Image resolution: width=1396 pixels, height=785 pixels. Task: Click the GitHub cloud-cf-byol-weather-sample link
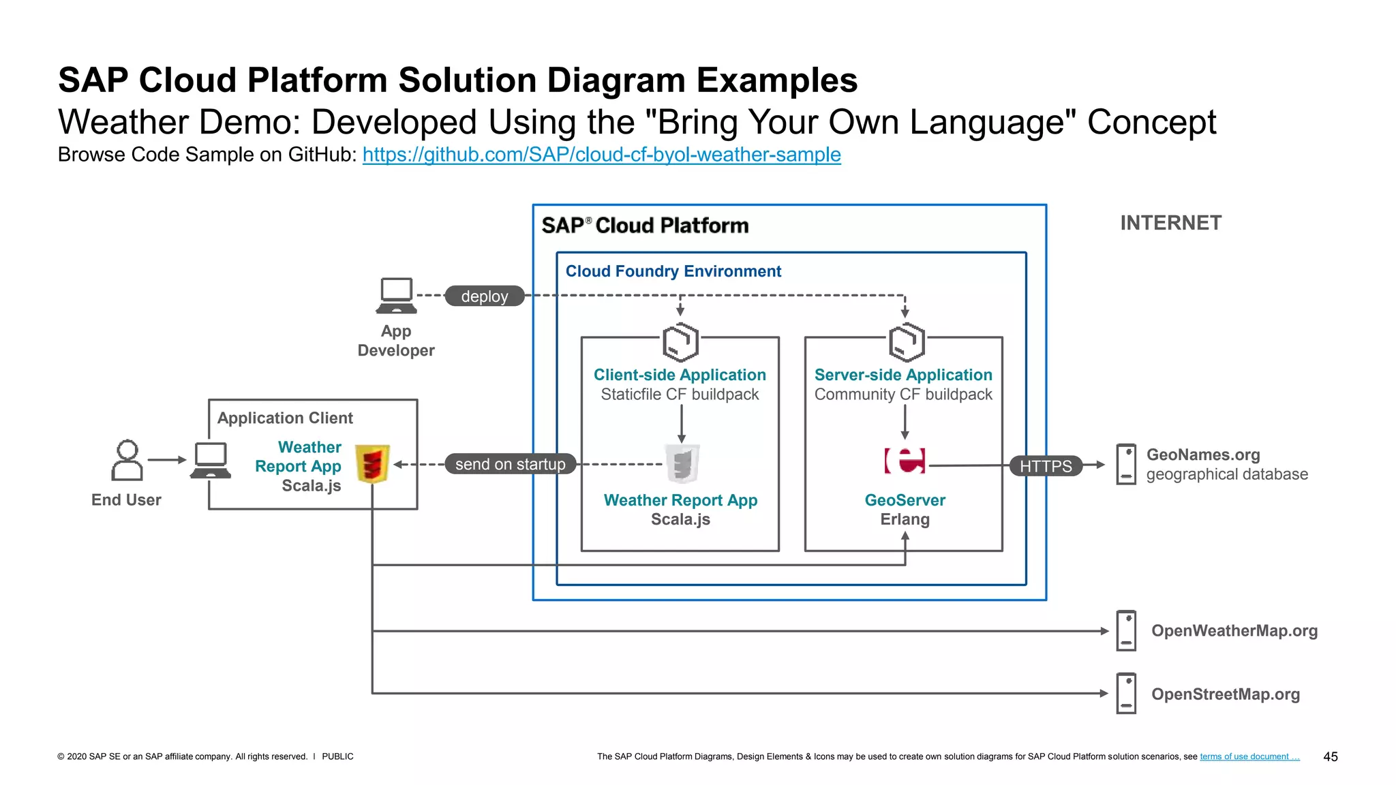601,155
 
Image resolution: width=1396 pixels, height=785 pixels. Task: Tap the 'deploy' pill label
485,296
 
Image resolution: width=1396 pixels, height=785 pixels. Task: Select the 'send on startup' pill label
510,464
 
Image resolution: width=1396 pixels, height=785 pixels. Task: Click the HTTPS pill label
1046,466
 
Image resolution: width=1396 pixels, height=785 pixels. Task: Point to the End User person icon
127,461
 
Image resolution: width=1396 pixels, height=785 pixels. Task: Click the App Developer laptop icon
396,296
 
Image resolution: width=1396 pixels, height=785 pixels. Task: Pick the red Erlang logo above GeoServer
905,461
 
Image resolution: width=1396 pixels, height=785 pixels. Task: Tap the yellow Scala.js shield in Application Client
372,464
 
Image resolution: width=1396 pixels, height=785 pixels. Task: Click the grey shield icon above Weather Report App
682,463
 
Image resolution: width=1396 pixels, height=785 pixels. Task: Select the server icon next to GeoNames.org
1126,464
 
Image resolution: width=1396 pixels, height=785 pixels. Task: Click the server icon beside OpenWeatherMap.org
1126,630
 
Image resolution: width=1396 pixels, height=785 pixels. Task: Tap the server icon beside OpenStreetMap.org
1126,693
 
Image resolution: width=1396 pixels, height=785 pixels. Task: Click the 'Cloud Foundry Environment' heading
673,271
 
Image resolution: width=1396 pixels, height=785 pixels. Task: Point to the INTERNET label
1170,223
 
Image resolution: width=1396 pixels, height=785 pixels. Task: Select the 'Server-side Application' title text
903,375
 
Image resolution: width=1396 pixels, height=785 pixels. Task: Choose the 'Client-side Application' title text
680,375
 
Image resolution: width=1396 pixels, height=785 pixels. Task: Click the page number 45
1330,756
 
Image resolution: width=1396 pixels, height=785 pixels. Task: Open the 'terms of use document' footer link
1249,756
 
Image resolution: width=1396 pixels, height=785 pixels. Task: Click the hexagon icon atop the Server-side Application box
906,342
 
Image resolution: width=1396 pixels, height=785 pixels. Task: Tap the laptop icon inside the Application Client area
211,461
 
